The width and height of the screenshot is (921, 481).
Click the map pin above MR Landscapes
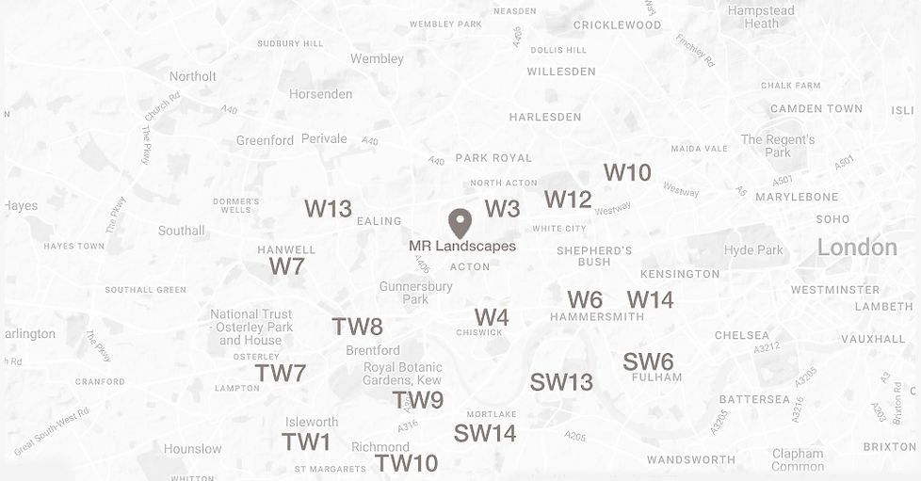coord(460,222)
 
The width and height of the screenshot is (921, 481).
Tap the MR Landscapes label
coord(462,247)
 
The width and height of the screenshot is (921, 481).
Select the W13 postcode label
coord(328,209)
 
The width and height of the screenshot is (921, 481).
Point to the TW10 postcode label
coord(406,463)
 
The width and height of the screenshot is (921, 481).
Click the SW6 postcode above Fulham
coord(648,362)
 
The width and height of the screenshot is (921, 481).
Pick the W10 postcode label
coord(627,172)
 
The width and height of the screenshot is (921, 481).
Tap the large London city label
coord(857,248)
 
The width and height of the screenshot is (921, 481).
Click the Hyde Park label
coord(753,250)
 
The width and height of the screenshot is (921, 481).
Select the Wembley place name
coord(377,58)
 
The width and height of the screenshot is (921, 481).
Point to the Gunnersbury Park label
coord(416,293)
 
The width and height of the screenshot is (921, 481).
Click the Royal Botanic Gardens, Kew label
coord(403,374)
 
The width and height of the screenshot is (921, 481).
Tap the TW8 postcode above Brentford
coord(357,327)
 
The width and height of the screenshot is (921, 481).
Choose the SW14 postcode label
coord(485,433)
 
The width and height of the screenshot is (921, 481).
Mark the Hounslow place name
coord(192,449)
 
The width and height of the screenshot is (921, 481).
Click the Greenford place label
coord(265,140)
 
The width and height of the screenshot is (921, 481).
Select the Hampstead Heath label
coord(762,17)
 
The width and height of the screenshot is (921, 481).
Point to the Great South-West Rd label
coord(51,431)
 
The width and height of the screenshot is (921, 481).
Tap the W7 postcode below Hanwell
coord(286,266)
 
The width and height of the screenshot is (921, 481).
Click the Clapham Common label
coord(798,459)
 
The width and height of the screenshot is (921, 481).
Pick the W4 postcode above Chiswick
coord(491,317)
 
